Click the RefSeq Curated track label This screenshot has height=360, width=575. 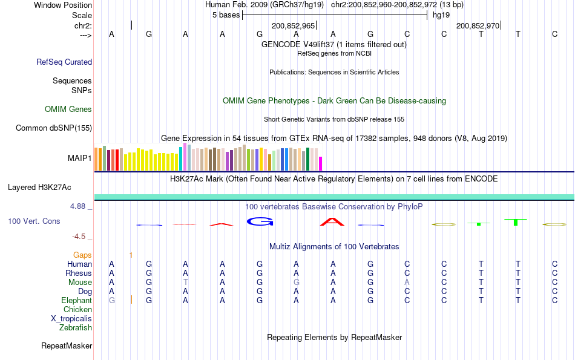coord(64,62)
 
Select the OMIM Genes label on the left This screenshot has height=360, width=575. coord(68,110)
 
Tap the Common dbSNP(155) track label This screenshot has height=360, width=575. coord(54,128)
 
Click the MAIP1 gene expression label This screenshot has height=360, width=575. coord(80,159)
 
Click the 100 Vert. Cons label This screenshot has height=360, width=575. coord(34,221)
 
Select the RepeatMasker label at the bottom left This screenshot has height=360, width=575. coord(67,346)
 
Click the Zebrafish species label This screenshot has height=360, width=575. coord(76,328)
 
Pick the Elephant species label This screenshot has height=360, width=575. coord(76,301)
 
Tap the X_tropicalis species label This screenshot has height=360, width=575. coord(71,319)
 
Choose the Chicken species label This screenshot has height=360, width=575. coord(77,310)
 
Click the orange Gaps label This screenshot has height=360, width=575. coord(82,255)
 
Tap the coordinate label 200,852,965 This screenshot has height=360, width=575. coord(293,25)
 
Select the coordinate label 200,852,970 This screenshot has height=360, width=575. coord(478,25)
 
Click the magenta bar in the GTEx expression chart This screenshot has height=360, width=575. coord(321,163)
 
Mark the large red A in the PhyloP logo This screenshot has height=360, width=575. coord(332,222)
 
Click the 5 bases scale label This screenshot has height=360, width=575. coord(226,15)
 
